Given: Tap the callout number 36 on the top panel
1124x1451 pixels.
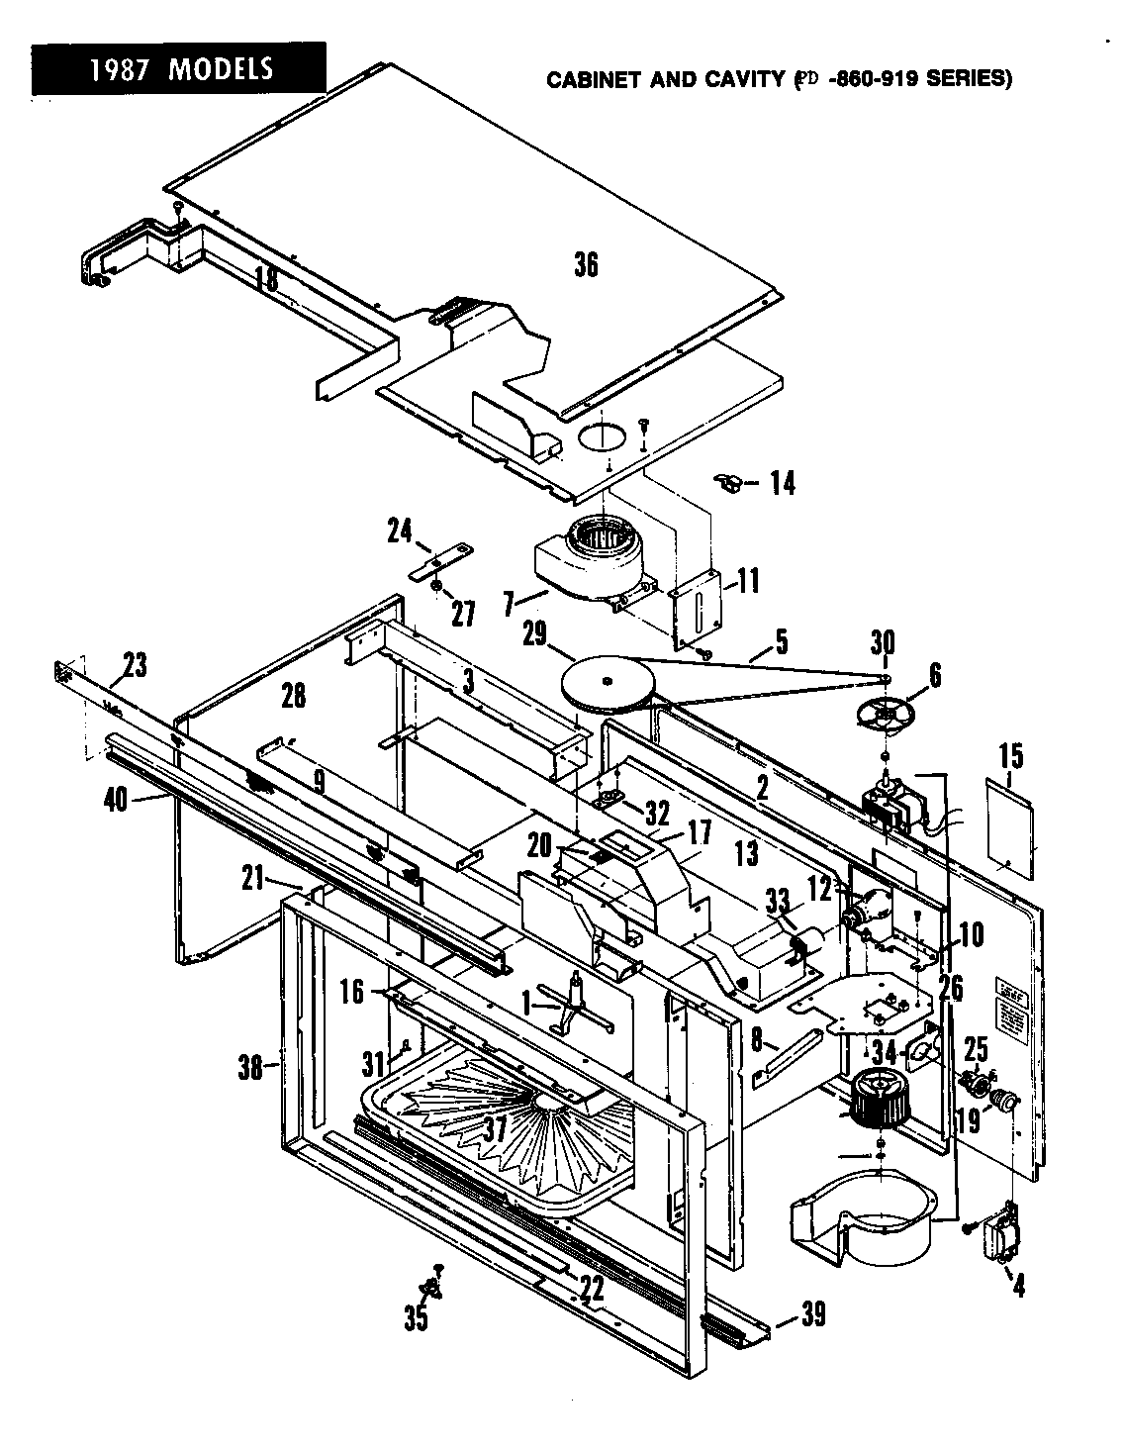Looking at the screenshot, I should click(x=586, y=265).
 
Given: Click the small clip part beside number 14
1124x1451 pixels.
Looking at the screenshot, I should click(x=727, y=482).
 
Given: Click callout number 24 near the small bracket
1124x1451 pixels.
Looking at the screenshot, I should click(x=400, y=532).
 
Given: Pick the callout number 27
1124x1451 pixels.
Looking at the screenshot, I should click(x=462, y=614).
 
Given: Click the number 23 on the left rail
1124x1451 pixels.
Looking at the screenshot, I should click(x=135, y=664).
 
